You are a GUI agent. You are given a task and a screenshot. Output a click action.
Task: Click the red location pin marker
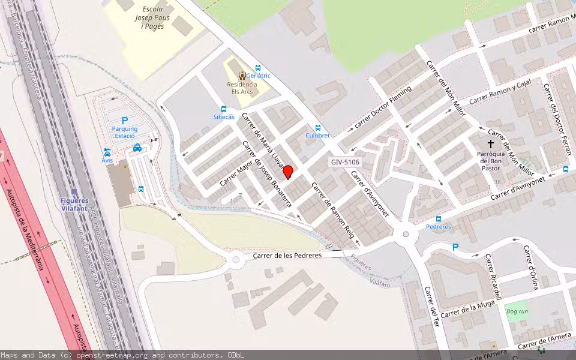288,172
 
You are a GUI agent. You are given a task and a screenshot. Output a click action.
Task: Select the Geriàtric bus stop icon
258,68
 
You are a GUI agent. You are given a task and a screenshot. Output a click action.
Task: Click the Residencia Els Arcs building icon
242,75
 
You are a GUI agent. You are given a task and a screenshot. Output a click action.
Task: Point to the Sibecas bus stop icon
224,109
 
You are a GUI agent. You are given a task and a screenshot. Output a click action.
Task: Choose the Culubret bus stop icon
318,127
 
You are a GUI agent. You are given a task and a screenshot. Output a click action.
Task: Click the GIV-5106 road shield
345,162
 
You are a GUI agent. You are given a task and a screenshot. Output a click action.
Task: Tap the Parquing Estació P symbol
125,121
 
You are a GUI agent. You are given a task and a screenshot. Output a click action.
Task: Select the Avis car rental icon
107,152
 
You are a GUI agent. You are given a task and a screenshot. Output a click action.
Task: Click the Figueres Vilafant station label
74,204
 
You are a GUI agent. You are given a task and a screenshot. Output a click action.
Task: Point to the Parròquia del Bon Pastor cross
491,144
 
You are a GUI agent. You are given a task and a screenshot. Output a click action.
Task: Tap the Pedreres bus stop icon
439,219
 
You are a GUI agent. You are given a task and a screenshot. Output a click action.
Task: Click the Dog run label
517,311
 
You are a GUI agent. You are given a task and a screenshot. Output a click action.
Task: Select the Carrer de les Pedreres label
287,255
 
